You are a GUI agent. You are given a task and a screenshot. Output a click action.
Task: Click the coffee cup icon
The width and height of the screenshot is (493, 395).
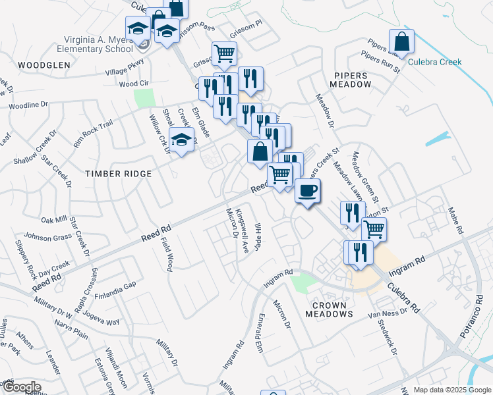[x=308, y=192]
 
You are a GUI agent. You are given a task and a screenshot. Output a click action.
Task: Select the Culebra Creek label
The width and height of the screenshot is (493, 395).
[x=434, y=63]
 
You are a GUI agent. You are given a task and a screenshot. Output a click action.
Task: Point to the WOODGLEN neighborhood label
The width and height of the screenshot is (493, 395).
[x=44, y=65]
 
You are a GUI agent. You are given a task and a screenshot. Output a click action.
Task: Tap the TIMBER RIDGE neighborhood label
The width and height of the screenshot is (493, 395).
[x=119, y=174]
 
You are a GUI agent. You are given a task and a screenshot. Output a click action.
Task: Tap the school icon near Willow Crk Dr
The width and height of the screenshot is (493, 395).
[x=183, y=140]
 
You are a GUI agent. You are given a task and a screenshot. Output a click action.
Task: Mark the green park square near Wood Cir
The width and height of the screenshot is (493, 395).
[x=143, y=98]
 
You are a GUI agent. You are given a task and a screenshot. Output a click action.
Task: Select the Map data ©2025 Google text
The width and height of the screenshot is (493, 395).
[x=452, y=390]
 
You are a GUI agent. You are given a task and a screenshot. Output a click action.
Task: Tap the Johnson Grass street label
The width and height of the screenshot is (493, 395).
[x=48, y=236]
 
